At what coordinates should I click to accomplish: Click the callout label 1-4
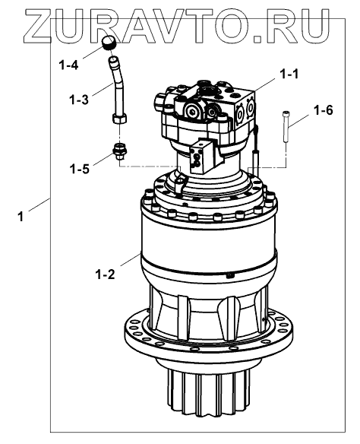[68, 65]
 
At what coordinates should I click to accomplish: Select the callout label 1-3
[79, 100]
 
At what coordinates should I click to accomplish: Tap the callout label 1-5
[80, 169]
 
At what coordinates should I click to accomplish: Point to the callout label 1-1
[289, 75]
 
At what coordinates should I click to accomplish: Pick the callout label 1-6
[324, 110]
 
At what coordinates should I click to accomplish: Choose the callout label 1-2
[106, 274]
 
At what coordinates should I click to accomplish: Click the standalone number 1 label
[21, 217]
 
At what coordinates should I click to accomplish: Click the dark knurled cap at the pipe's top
[109, 43]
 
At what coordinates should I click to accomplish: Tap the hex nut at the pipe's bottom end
[121, 118]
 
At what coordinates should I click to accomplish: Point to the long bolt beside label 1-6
[286, 126]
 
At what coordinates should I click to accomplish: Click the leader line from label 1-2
[130, 259]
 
